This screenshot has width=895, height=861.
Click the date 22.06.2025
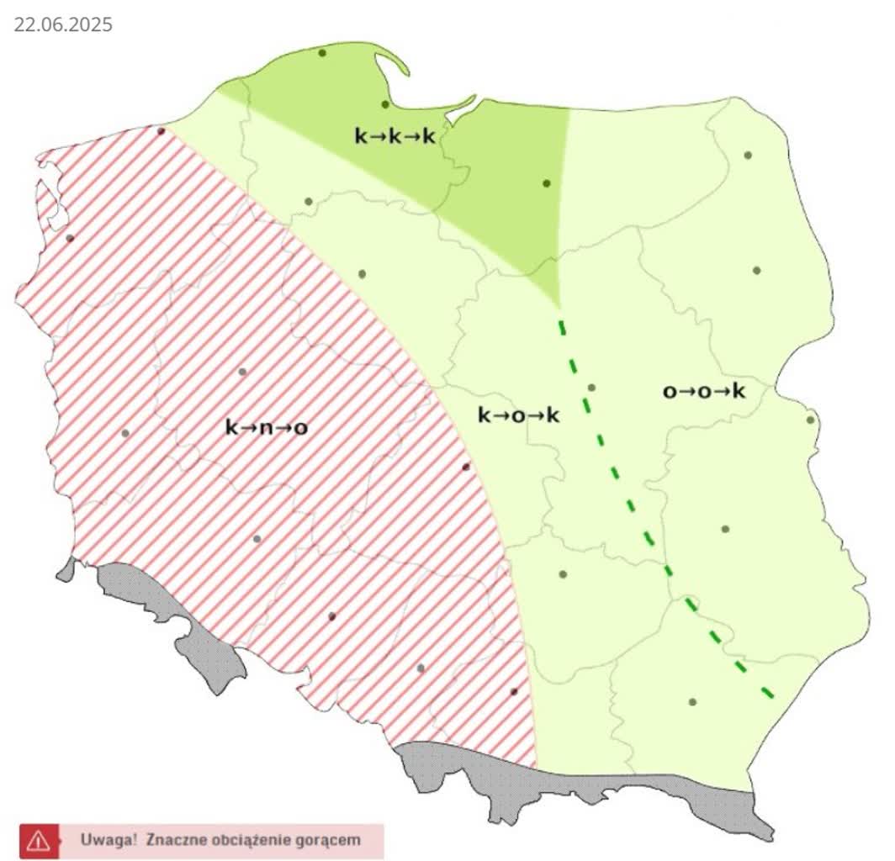pos(62,25)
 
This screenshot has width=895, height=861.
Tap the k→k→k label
pos(395,135)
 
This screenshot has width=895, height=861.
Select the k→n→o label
pos(266,427)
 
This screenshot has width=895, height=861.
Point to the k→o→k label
pos(519,415)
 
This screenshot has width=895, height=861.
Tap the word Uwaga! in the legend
pos(108,839)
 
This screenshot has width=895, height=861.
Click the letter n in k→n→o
pos(266,427)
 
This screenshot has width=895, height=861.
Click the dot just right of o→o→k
pos(810,420)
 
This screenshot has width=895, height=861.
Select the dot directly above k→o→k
pos(591,388)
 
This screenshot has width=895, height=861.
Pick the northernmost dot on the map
pos(322,53)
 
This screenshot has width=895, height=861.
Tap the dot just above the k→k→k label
pos(385,104)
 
